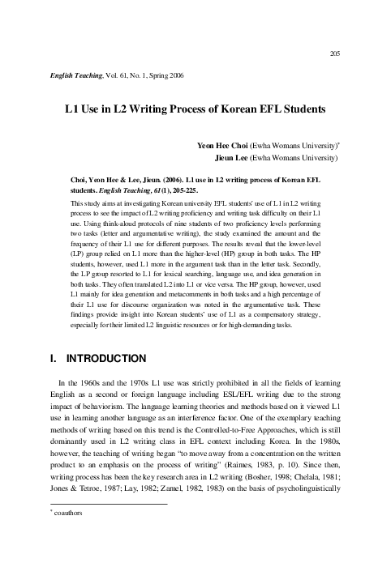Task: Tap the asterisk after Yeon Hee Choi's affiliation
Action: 338,143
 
